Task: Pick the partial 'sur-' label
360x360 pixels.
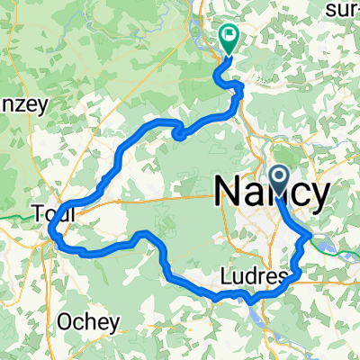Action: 342,9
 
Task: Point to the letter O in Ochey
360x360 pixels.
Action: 64,321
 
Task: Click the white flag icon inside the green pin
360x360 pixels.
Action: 229,38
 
